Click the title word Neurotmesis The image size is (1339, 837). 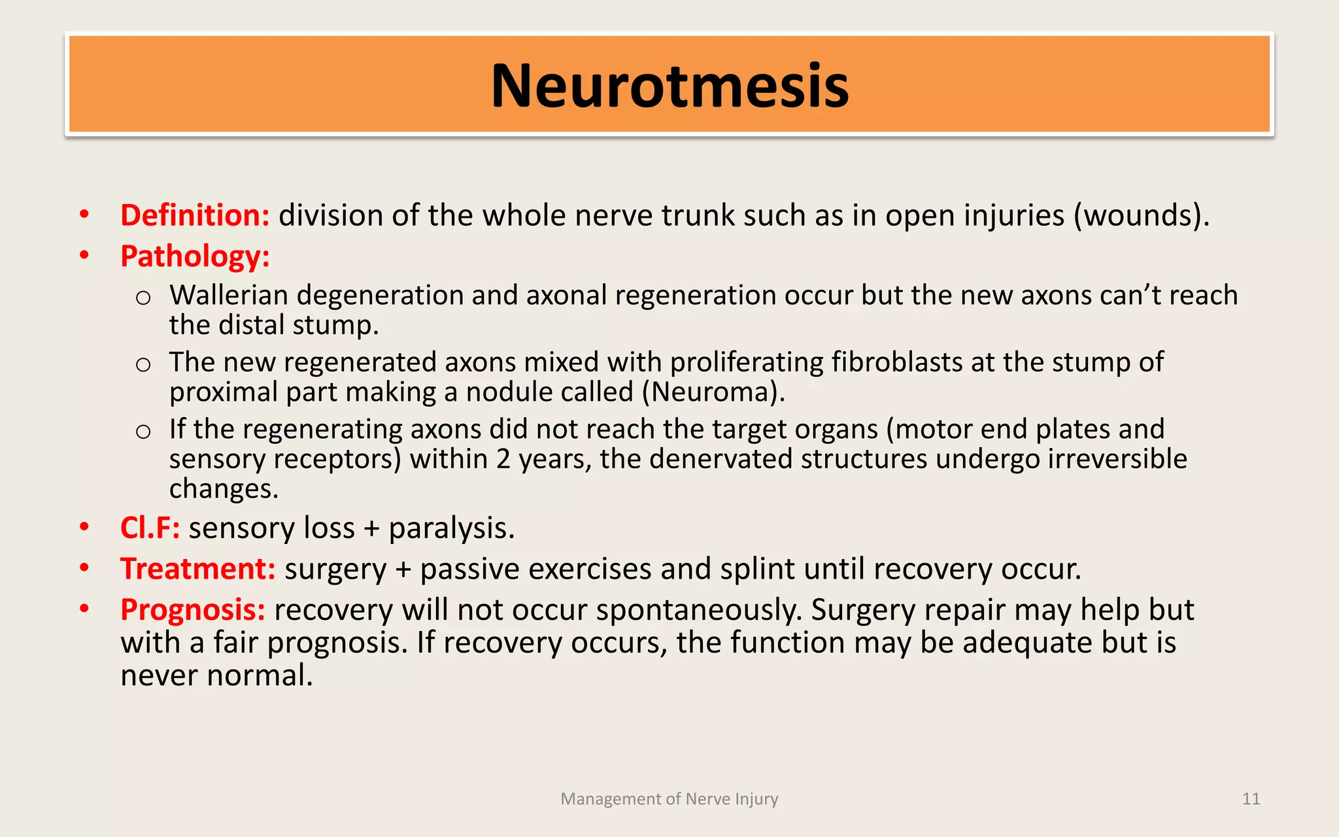tap(669, 86)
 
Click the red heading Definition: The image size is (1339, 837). tap(195, 216)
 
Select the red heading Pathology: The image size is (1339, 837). tap(195, 256)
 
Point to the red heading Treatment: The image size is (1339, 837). tap(197, 569)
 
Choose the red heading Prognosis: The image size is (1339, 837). tap(193, 610)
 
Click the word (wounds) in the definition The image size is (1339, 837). tap(1141, 216)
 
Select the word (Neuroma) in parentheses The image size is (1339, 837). tap(712, 392)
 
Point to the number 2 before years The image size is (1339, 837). tap(503, 459)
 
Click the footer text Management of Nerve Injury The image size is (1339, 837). tap(669, 799)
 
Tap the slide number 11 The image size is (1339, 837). tap(1251, 799)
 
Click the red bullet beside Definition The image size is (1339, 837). tap(84, 214)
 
